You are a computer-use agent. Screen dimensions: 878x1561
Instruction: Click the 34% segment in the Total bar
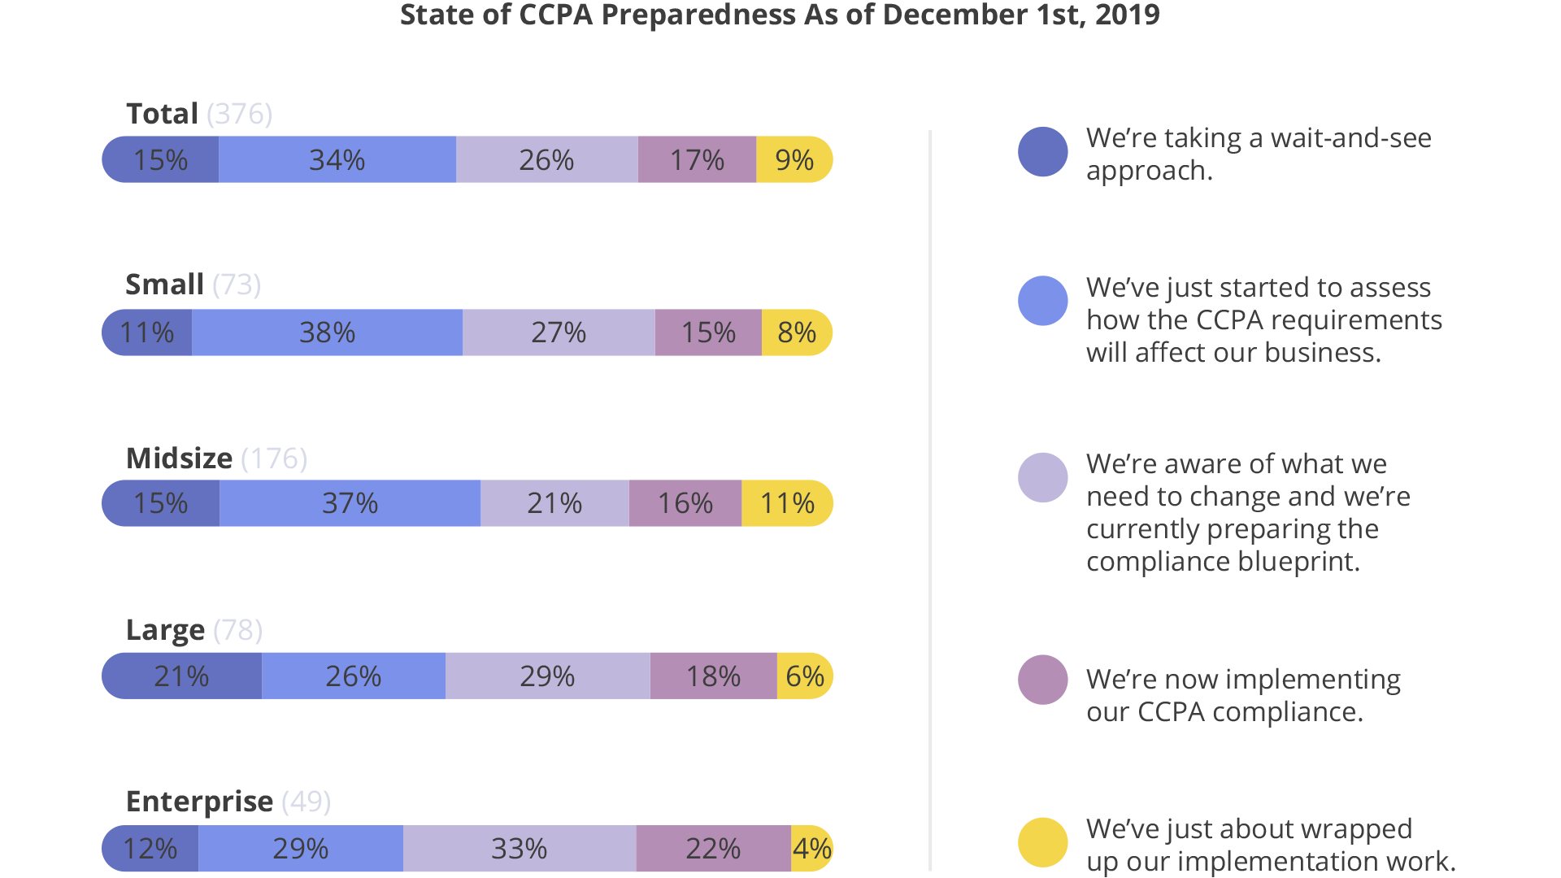[337, 160]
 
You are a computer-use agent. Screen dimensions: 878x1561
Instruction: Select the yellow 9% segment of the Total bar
[794, 160]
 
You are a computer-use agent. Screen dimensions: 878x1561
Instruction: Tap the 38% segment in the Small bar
[327, 333]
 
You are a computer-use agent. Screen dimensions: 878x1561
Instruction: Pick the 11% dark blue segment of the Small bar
[147, 333]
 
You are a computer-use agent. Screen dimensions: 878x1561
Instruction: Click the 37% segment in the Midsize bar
[350, 503]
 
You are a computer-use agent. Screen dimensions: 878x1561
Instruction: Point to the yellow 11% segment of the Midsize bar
[787, 503]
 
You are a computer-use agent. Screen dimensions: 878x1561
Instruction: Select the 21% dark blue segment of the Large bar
[181, 676]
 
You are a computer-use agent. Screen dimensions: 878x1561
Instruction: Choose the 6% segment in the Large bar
[805, 676]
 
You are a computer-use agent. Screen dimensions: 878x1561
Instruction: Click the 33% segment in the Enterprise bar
[519, 849]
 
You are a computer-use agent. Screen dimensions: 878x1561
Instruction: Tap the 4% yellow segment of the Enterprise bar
[811, 849]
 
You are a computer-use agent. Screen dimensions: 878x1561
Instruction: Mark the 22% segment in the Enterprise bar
[713, 849]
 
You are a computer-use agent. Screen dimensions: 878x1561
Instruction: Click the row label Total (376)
[199, 114]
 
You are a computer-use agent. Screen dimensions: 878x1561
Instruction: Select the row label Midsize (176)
[216, 459]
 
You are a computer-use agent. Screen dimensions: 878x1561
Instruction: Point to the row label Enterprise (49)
[228, 802]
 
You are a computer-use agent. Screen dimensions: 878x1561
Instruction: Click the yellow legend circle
[1042, 842]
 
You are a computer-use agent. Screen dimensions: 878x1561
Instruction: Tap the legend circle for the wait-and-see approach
[1042, 152]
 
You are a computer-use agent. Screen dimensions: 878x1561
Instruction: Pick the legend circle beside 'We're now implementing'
[1042, 680]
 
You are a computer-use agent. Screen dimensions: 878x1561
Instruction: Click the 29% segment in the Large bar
[547, 676]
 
